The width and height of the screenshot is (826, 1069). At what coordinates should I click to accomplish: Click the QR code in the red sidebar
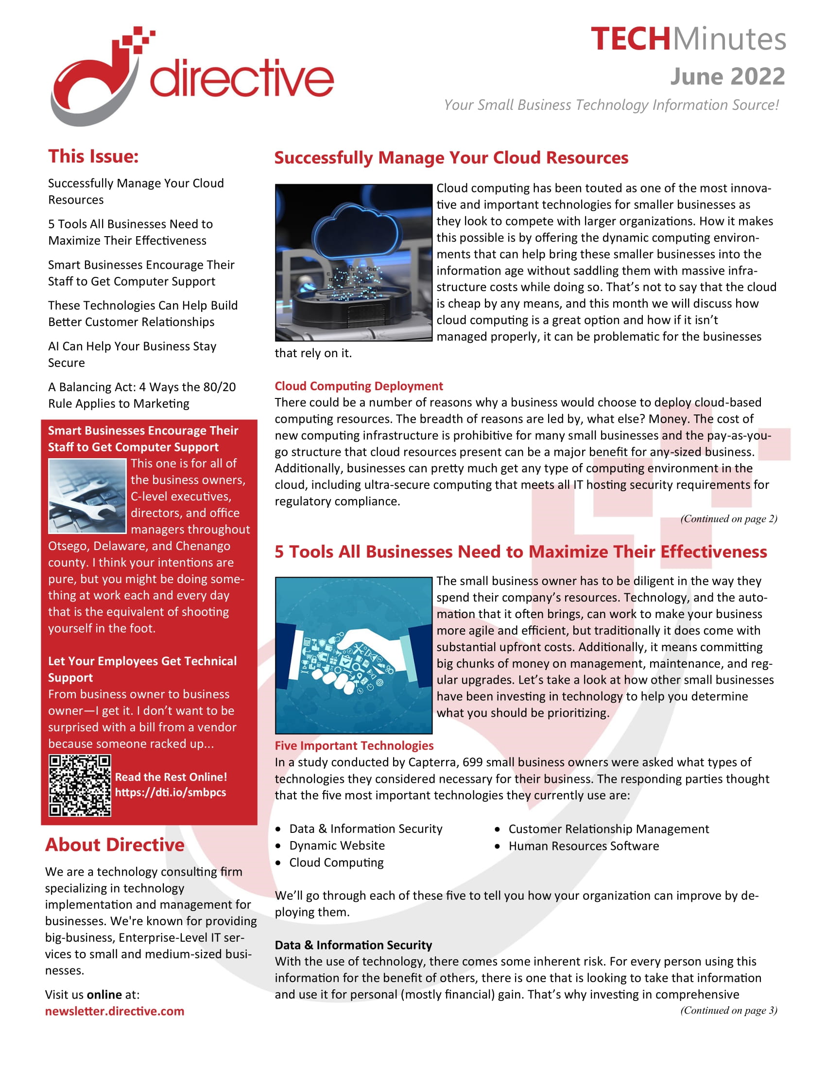click(x=80, y=785)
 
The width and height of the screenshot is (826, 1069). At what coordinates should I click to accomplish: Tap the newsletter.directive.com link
click(x=115, y=1011)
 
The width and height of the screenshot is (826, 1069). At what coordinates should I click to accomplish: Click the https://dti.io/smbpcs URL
click(x=170, y=792)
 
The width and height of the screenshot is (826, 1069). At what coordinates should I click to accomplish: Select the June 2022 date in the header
click(x=727, y=76)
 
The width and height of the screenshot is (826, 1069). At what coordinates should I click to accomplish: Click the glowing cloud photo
click(x=353, y=262)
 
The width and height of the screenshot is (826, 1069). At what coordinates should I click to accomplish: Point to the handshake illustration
click(x=353, y=655)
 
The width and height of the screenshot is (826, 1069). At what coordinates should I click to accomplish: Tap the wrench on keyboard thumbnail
click(x=87, y=495)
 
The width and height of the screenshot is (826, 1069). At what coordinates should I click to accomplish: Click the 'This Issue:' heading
click(x=93, y=156)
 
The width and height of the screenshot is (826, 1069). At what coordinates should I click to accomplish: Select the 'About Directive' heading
click(x=115, y=845)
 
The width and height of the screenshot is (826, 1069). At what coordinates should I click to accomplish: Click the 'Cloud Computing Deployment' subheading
click(x=358, y=386)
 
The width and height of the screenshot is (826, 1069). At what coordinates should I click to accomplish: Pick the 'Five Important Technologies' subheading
click(x=354, y=745)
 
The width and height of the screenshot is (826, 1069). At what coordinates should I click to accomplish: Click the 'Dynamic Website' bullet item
click(x=337, y=845)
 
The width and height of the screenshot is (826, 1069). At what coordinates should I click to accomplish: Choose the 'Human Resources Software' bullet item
click(x=583, y=846)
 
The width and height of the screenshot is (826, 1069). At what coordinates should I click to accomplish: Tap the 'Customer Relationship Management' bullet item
click(x=608, y=828)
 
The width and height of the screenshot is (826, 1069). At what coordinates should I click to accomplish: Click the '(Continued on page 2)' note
click(x=728, y=519)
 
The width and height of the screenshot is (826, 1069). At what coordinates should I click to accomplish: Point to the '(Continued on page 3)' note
click(x=728, y=1010)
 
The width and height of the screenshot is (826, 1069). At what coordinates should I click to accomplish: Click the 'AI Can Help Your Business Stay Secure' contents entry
click(x=132, y=354)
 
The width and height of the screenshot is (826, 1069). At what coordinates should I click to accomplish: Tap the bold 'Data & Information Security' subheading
click(x=353, y=945)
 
